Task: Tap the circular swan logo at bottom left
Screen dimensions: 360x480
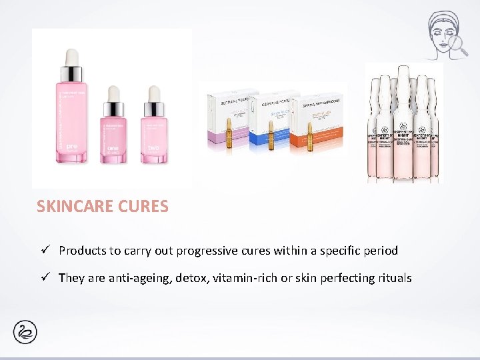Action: [25, 332]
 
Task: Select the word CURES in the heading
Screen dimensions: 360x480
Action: [143, 207]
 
